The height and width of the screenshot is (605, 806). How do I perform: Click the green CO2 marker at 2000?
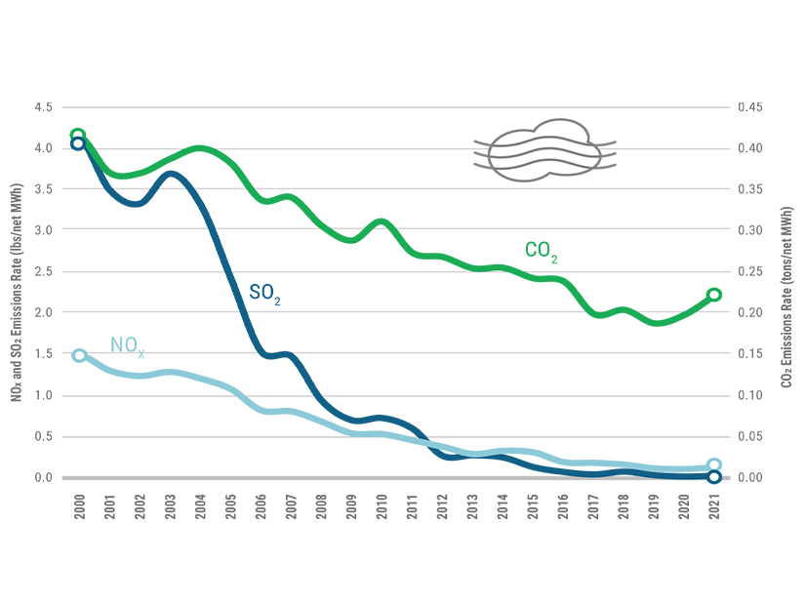(x=78, y=136)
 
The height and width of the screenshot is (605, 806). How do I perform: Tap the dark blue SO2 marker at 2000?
(x=78, y=144)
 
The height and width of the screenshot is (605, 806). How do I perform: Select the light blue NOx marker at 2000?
(x=79, y=355)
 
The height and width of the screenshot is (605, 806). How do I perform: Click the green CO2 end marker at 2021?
(x=713, y=295)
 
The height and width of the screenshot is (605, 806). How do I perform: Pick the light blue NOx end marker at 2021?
(x=713, y=465)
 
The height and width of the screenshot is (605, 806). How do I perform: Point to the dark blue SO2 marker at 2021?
(x=713, y=477)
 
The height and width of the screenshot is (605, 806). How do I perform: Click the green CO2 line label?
(x=542, y=251)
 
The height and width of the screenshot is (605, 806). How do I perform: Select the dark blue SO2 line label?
(x=264, y=294)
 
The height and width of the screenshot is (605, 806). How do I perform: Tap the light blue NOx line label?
(x=127, y=344)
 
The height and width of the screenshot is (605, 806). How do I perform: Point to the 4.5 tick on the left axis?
(x=43, y=107)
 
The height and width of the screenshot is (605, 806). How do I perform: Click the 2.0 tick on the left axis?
(x=43, y=312)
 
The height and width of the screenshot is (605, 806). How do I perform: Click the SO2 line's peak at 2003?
(x=171, y=174)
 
